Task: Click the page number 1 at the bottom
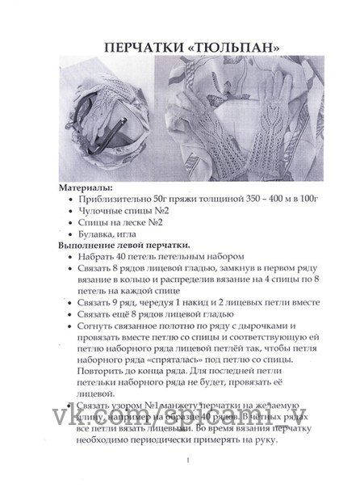click(186, 461)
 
